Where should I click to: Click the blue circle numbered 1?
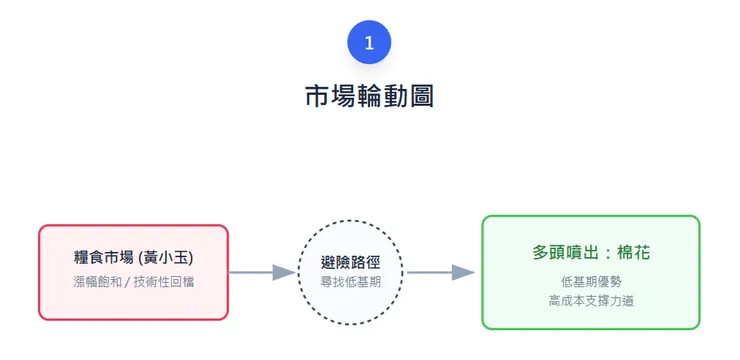(x=369, y=42)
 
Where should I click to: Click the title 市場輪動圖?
(x=369, y=96)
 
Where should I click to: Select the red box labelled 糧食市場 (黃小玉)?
(x=133, y=272)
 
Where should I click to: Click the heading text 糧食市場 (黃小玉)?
(x=133, y=258)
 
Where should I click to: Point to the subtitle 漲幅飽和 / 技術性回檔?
(x=133, y=282)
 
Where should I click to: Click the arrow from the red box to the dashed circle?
(x=262, y=272)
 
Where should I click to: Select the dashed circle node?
(x=350, y=272)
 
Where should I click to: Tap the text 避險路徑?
(x=350, y=262)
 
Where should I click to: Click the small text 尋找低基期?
(x=350, y=282)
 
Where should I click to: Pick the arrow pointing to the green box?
(x=440, y=272)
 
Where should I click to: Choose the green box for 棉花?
(x=590, y=272)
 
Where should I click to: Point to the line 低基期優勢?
(x=590, y=281)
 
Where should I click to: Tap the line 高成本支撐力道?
(x=590, y=299)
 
